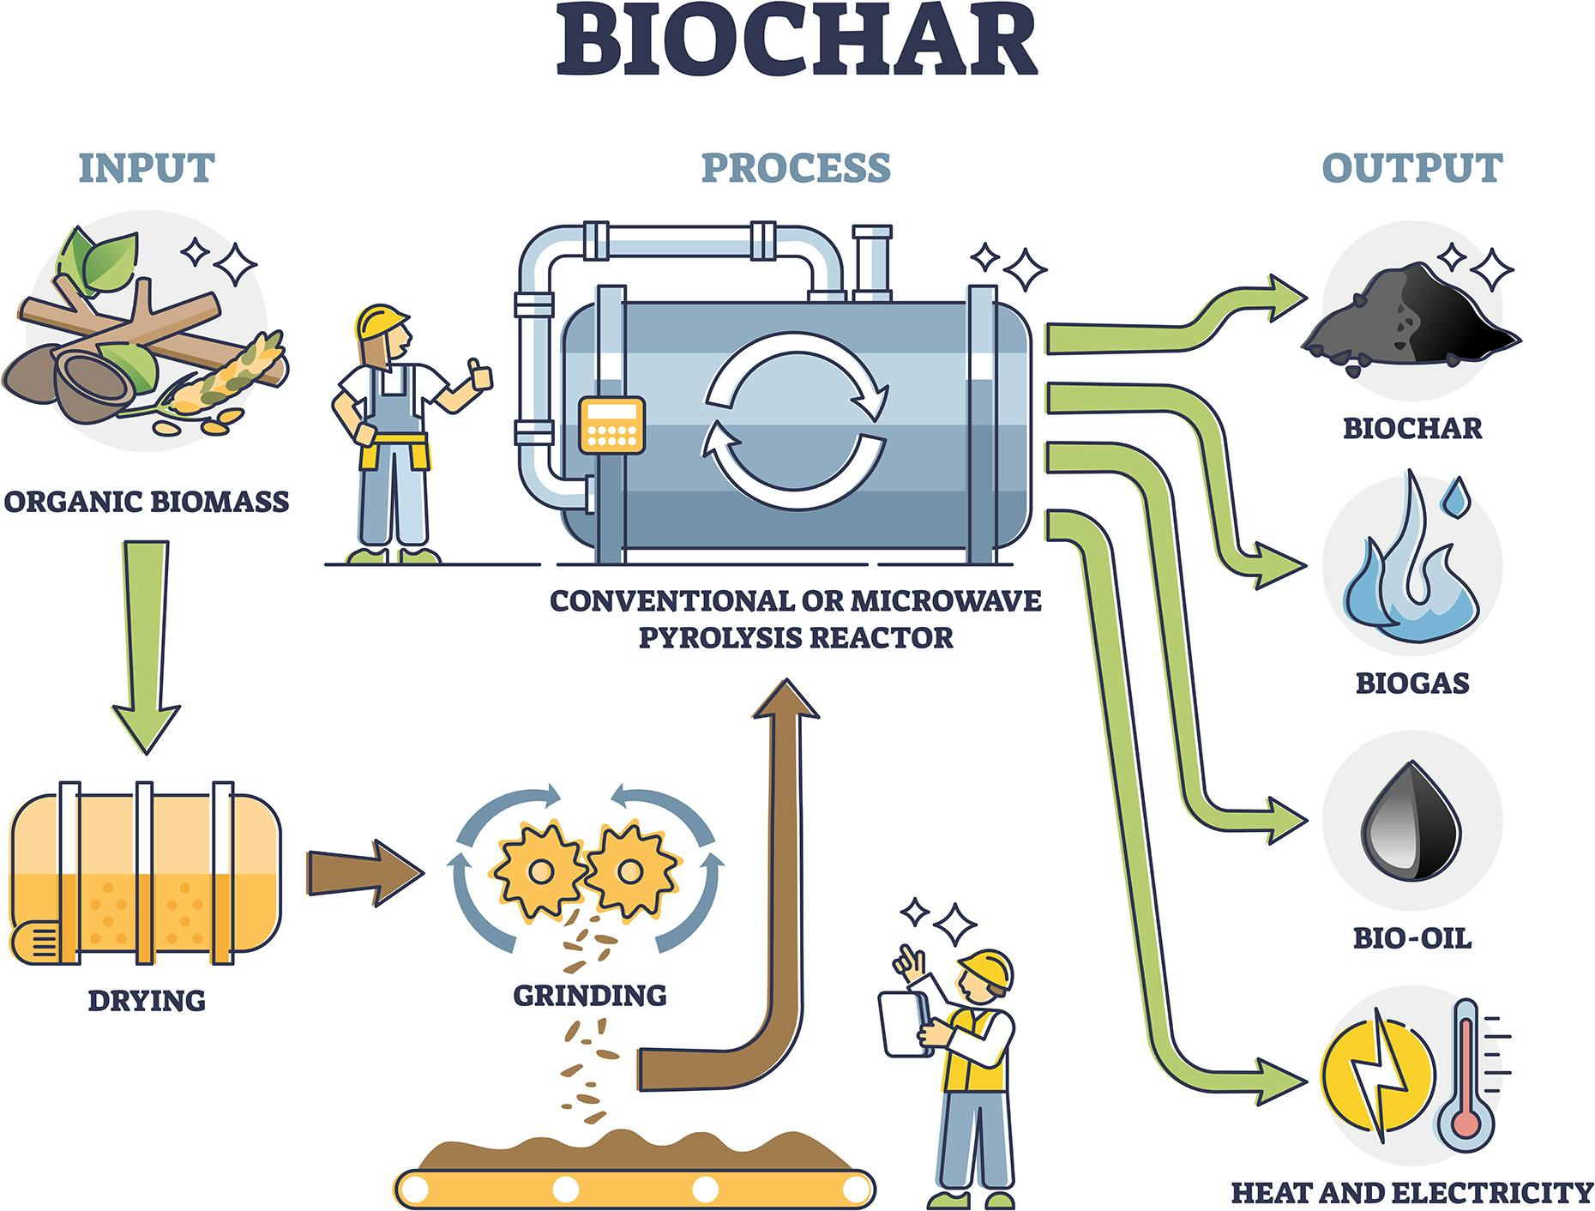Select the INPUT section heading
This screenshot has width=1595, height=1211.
(147, 168)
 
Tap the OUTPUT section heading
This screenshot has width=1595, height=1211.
(1411, 168)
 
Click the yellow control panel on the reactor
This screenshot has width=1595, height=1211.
(611, 425)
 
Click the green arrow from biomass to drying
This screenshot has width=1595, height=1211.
(146, 643)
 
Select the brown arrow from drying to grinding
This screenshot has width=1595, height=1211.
(364, 872)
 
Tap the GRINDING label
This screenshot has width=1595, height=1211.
(590, 996)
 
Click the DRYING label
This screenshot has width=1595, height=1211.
(147, 1001)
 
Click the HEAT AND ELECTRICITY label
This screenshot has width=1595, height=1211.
(1411, 1193)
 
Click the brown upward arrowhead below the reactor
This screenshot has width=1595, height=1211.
(785, 699)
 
